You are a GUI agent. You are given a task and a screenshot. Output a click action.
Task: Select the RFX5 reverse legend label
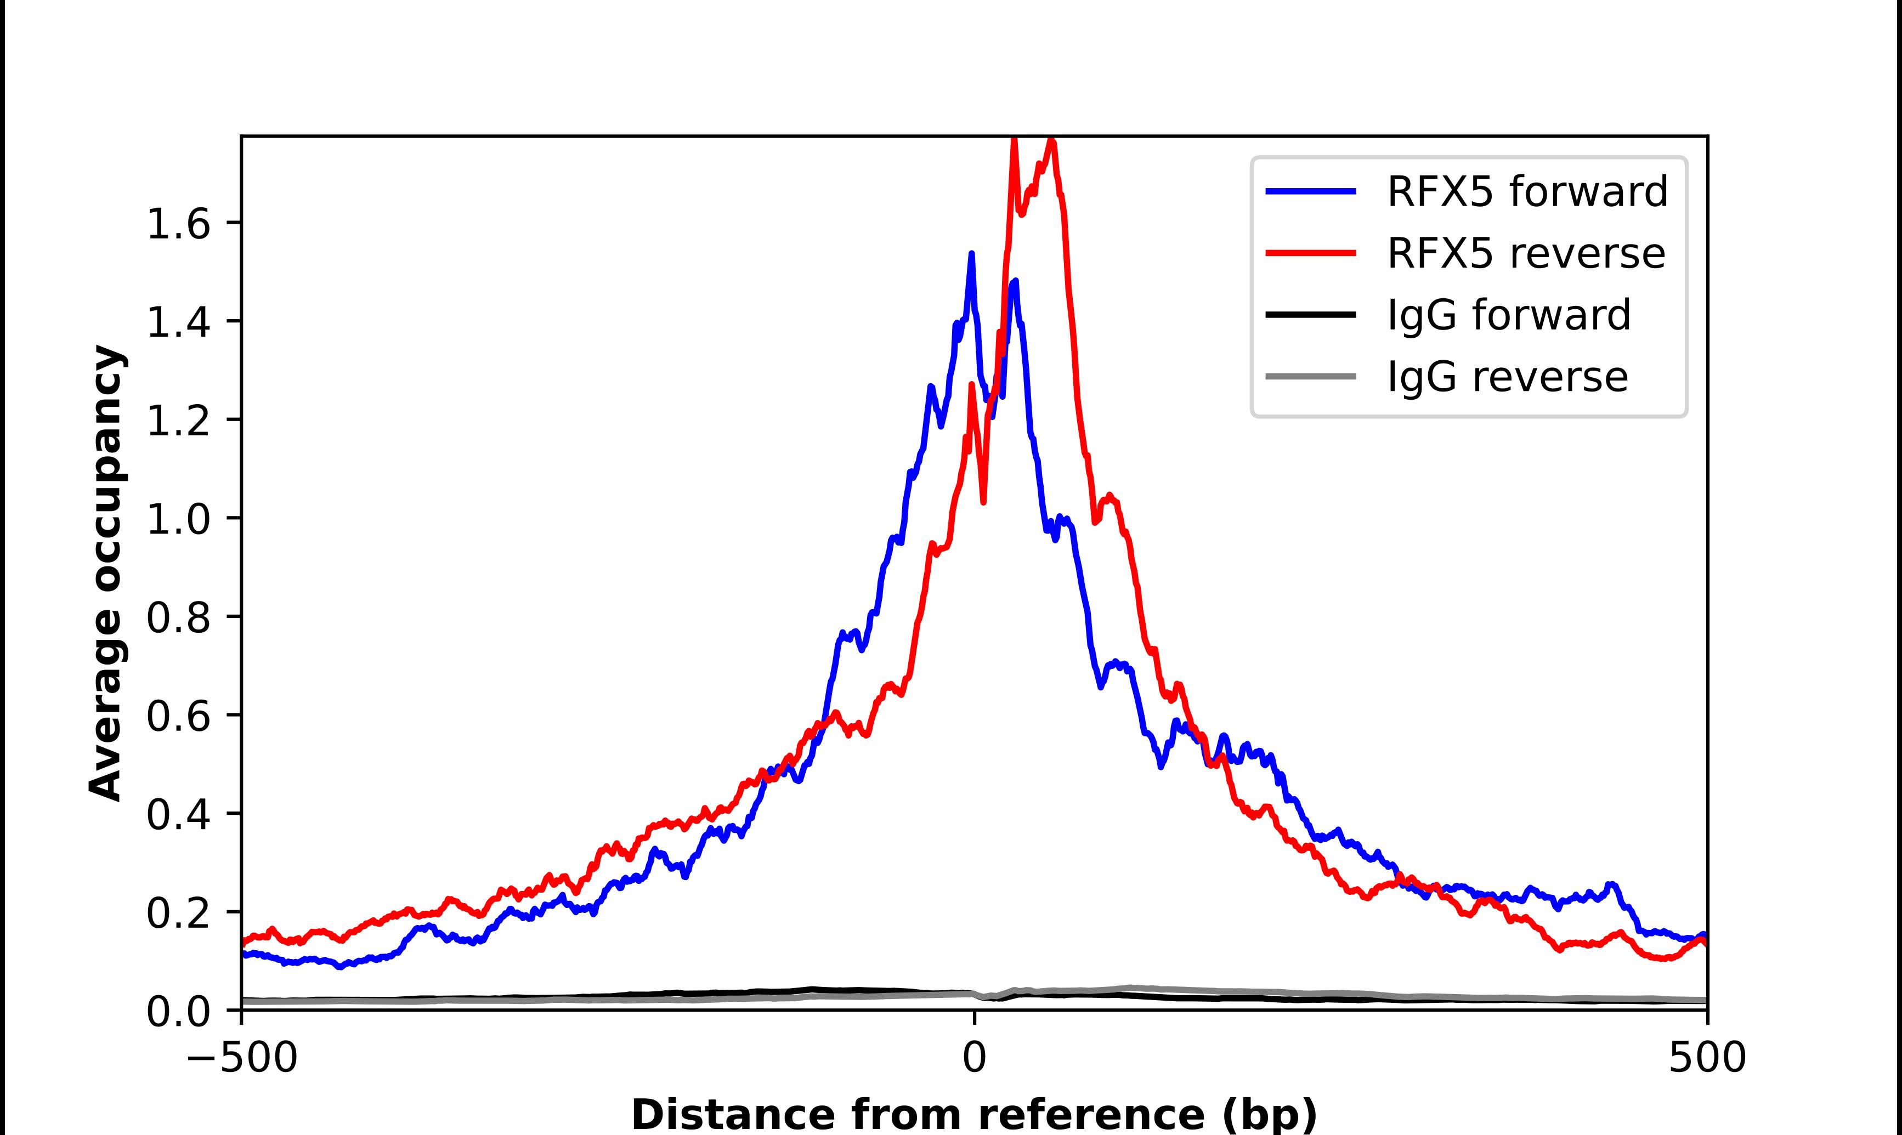pyautogui.click(x=1526, y=253)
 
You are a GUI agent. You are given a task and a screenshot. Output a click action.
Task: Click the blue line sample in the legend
pyautogui.click(x=1311, y=191)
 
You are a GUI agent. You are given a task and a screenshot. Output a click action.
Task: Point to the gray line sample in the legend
pyautogui.click(x=1311, y=376)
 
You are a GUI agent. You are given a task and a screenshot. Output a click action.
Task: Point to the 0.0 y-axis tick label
pyautogui.click(x=178, y=1011)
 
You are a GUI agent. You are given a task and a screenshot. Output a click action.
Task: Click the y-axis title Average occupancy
pyautogui.click(x=105, y=574)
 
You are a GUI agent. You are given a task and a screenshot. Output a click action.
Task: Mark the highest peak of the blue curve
pyautogui.click(x=971, y=254)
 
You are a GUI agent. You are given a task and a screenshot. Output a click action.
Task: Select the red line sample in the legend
pyautogui.click(x=1311, y=253)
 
